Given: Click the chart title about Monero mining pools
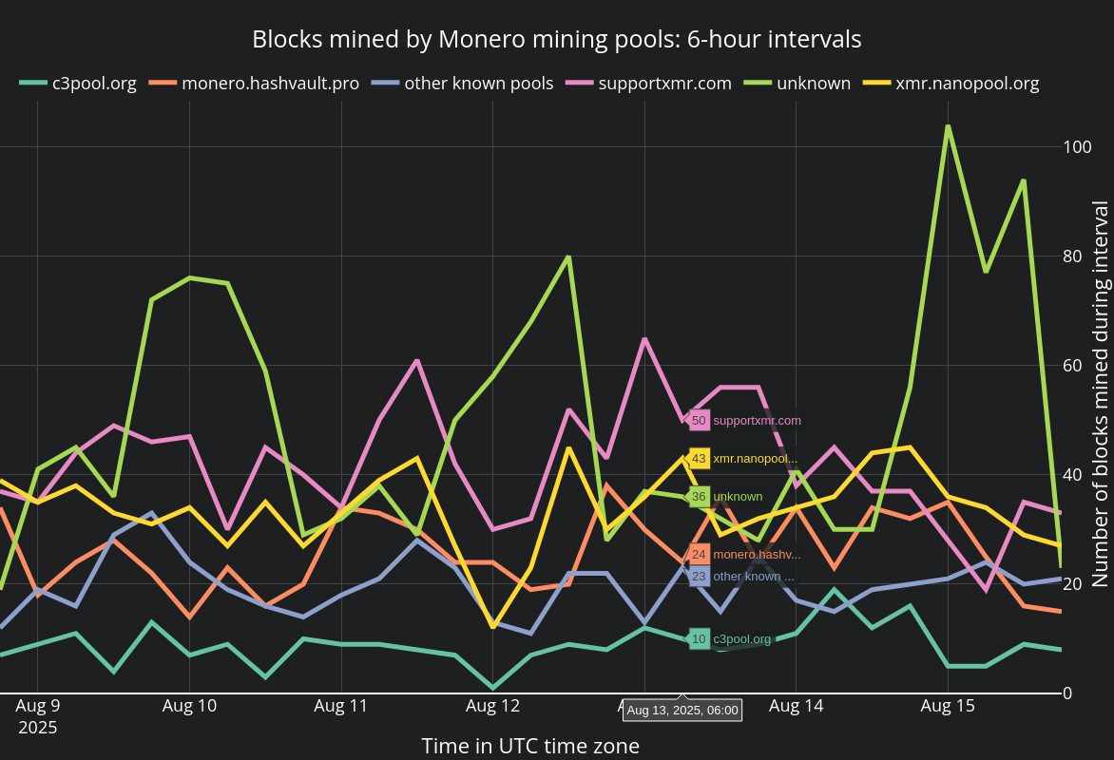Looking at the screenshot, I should coord(556,39).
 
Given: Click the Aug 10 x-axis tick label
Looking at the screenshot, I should coord(189,706).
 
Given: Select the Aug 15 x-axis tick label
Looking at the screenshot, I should coord(948,706).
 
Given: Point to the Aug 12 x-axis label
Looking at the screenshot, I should coord(492,706).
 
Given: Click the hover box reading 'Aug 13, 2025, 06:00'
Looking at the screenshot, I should coord(682,710).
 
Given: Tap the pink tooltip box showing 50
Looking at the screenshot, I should coord(699,420).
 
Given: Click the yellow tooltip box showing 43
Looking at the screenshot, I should coord(699,458).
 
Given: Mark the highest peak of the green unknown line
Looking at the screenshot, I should coord(948,126).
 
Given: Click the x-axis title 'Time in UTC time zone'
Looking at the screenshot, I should coord(530,746).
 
